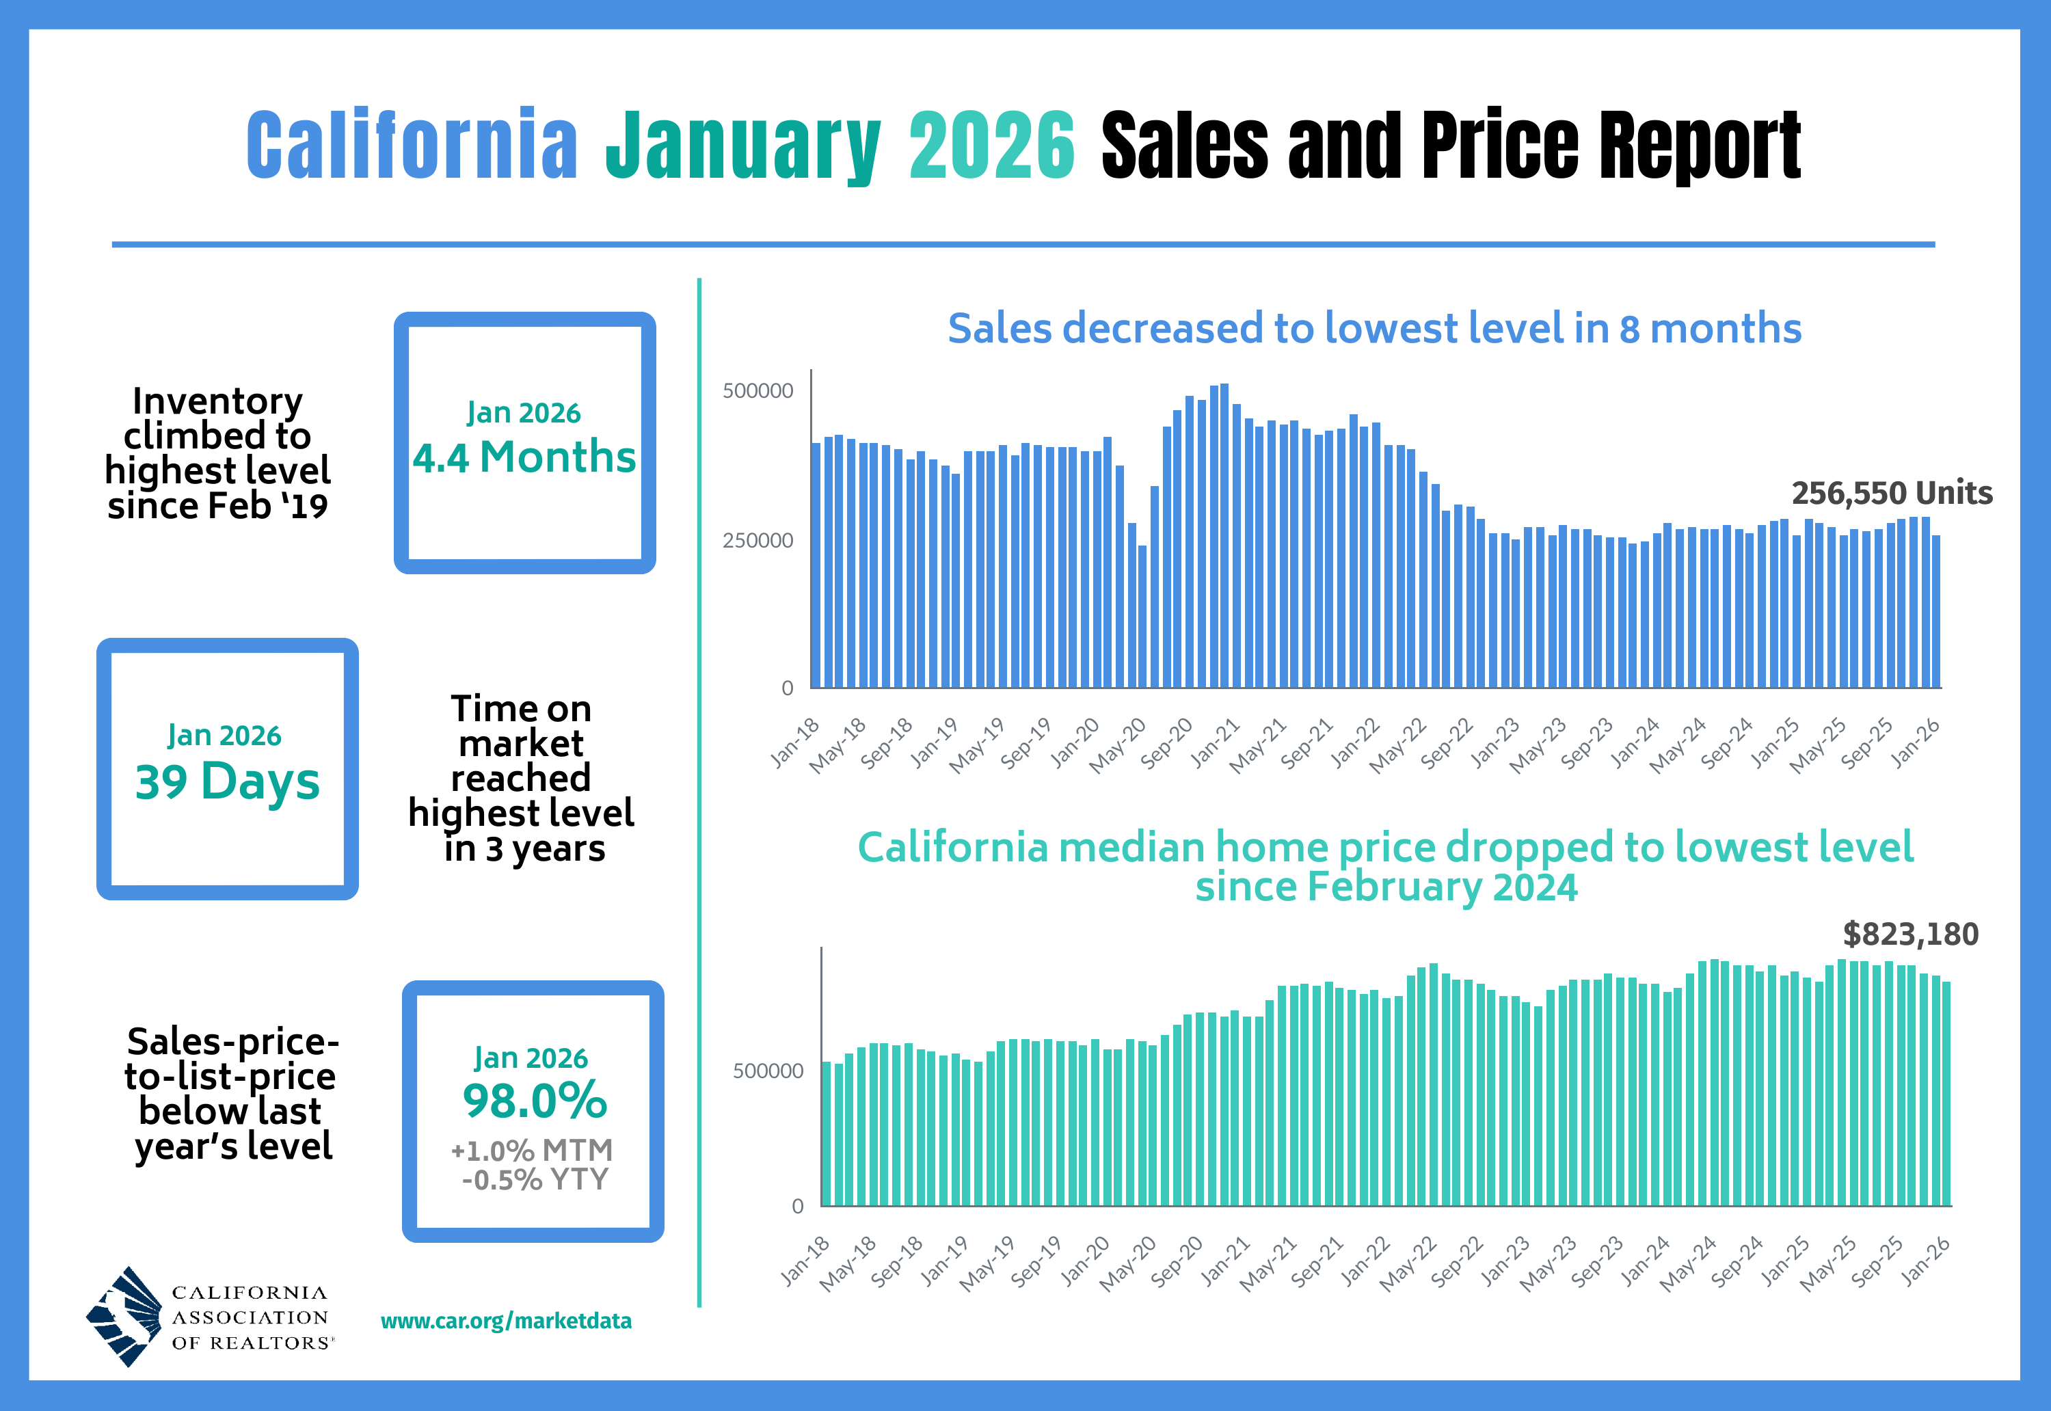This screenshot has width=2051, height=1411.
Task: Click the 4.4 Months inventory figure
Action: pos(524,457)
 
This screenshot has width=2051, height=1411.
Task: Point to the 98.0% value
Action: pos(534,1101)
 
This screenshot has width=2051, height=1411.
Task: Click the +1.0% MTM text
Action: pos(531,1150)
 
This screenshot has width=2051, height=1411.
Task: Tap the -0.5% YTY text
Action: pos(535,1179)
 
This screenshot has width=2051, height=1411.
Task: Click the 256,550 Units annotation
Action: pos(1891,492)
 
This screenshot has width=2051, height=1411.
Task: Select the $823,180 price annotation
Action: pos(1909,934)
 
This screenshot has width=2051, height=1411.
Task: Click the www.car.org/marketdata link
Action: pos(506,1321)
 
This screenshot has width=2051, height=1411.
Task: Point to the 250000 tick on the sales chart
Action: pos(758,540)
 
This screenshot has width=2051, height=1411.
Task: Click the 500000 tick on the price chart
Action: pos(767,1071)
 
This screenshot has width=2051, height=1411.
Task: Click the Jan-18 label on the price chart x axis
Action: pos(805,1261)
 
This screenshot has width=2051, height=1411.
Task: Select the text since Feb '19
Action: pos(217,506)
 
